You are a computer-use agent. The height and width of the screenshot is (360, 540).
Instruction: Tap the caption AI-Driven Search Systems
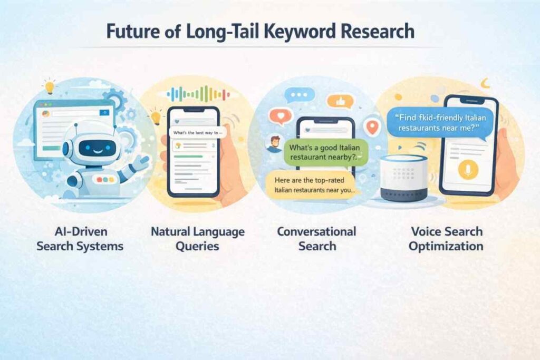[x=80, y=239]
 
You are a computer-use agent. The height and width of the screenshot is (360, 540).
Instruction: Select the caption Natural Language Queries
[x=198, y=239]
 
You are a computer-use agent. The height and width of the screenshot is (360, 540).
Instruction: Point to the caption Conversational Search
[x=317, y=239]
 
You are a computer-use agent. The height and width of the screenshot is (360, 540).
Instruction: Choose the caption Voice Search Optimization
[x=446, y=239]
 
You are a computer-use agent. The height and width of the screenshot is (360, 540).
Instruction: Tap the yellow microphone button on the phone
[x=468, y=170]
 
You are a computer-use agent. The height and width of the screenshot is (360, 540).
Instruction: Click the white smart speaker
[x=403, y=178]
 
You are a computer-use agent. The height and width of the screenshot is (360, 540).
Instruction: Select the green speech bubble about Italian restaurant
[x=325, y=152]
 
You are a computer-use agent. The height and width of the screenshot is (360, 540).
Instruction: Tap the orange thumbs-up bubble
[x=340, y=102]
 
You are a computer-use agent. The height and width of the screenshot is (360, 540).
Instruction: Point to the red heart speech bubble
[x=281, y=116]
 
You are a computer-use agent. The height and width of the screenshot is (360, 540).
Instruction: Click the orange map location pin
[x=372, y=128]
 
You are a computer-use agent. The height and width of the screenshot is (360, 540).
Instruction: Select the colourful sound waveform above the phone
[x=198, y=94]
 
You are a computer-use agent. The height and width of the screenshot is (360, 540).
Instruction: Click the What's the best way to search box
[x=197, y=133]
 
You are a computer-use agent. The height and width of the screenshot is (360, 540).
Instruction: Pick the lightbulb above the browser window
[x=50, y=86]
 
